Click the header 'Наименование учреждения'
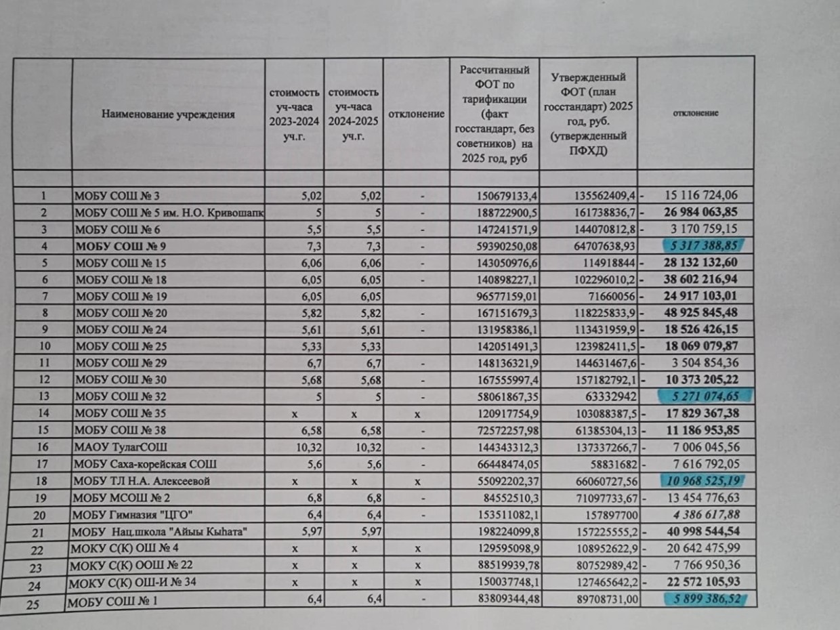click(169, 114)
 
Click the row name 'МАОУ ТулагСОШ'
click(121, 447)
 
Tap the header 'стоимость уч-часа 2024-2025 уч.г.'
click(352, 114)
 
